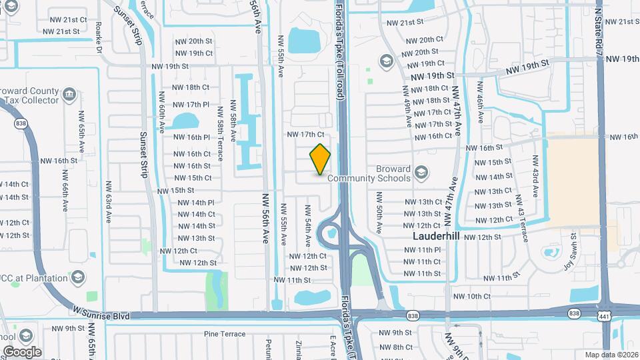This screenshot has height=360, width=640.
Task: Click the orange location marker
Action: [x=321, y=159]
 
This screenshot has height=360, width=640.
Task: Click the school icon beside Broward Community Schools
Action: [x=421, y=173]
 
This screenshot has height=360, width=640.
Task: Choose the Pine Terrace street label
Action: [x=225, y=334]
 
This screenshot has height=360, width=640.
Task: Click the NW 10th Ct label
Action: [x=472, y=296]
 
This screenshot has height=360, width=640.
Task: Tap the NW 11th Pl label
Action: [x=423, y=249]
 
